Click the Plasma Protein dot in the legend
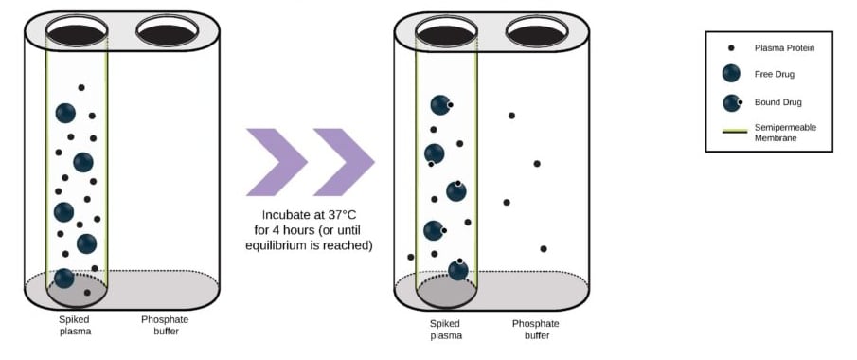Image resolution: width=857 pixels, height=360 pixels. tap(731, 47)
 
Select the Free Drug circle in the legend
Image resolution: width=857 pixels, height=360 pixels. tap(731, 74)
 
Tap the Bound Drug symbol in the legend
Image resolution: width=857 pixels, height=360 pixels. tap(731, 102)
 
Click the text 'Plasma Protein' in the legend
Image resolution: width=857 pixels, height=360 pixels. tap(785, 47)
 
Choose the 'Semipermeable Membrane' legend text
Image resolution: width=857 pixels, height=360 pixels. tap(785, 133)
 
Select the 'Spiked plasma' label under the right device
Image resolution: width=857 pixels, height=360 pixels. tap(446, 329)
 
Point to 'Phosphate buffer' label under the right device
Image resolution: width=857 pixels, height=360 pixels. tap(536, 329)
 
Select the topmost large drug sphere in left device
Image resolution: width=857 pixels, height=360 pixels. tap(65, 113)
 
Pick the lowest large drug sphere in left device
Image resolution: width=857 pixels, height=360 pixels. tap(64, 279)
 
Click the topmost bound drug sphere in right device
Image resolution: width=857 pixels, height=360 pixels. tap(440, 105)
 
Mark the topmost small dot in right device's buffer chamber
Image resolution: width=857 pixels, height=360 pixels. tap(511, 116)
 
